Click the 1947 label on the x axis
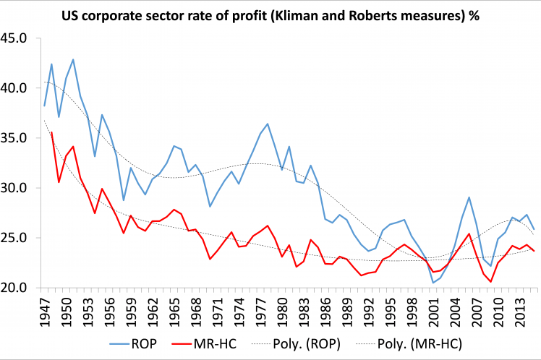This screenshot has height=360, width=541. (45, 309)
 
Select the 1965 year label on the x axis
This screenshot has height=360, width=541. (174, 309)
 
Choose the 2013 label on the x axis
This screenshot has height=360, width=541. (518, 309)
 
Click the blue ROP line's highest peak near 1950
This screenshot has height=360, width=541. (73, 59)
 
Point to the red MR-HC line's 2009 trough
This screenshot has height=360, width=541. (490, 282)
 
